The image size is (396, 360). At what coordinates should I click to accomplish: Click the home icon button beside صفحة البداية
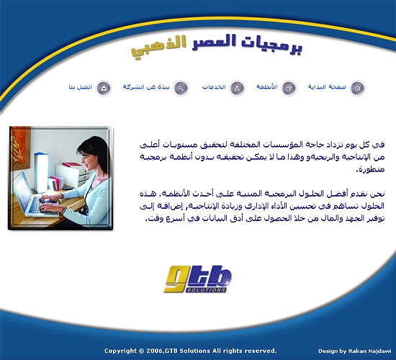[x=357, y=88]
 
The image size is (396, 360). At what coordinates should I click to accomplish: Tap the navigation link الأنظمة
[x=267, y=86]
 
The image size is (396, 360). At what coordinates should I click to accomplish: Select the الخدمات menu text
[x=214, y=87]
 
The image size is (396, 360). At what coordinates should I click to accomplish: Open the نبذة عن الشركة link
[x=146, y=87]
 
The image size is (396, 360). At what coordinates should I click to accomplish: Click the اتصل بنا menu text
[x=81, y=87]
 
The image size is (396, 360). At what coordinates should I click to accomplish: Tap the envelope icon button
[x=104, y=88]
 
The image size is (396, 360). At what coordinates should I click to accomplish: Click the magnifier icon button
[x=181, y=88]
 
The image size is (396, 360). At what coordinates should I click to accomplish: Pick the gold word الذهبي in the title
[x=159, y=48]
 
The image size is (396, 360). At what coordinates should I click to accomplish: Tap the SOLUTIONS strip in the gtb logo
[x=206, y=289]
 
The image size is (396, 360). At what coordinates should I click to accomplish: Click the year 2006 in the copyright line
[x=154, y=351]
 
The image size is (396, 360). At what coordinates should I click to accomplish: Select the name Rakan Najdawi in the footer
[x=370, y=351]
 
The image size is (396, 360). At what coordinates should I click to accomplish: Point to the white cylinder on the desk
[x=41, y=172]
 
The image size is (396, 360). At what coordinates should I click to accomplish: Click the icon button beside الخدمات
[x=237, y=88]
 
